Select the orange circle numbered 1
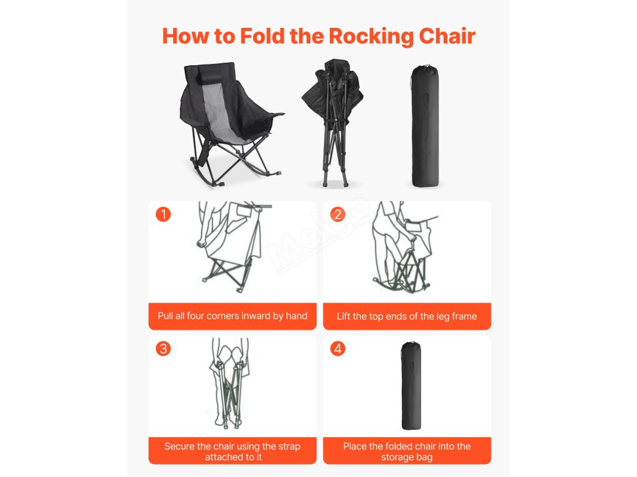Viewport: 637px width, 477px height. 164,214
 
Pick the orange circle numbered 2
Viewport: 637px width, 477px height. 338,214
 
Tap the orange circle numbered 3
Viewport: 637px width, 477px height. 164,348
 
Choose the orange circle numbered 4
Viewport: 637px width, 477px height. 338,348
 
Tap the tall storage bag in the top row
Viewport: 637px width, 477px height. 425,125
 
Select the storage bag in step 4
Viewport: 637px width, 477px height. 411,385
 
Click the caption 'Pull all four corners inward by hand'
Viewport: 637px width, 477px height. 233,316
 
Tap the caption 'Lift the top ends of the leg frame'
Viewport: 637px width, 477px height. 407,316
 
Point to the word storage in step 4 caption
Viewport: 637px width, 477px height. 396,458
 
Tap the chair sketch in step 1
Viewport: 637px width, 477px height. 234,247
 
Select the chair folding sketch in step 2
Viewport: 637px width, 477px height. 405,247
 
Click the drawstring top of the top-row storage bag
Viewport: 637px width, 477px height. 425,66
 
